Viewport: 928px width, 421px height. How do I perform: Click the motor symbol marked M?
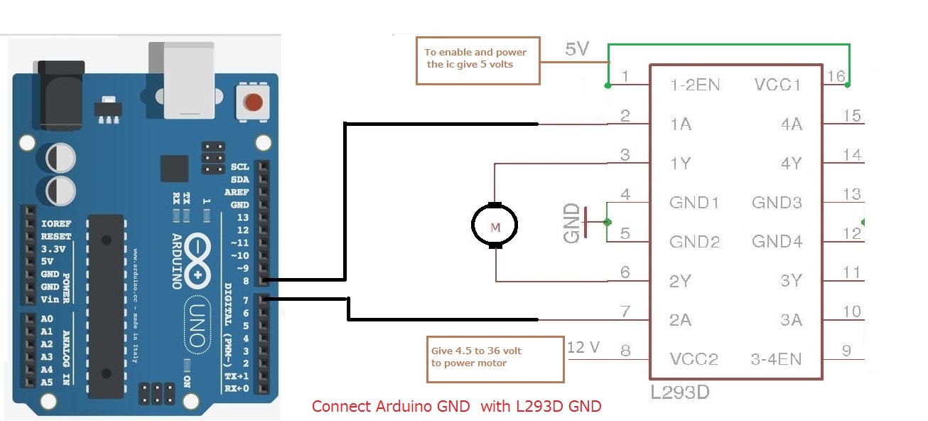point(495,226)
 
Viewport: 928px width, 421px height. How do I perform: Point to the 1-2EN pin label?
point(694,85)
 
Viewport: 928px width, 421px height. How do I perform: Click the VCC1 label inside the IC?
point(777,85)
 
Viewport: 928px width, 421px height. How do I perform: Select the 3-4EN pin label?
point(777,359)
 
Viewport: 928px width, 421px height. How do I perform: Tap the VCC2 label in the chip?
point(694,359)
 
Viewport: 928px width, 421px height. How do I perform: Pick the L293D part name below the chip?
point(679,392)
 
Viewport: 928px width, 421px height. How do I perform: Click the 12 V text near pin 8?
point(583,347)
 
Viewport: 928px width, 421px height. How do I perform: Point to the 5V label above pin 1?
point(576,49)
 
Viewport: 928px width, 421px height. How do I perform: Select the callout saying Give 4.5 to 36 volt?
point(495,358)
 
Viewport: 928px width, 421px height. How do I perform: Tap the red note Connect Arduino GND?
point(456,407)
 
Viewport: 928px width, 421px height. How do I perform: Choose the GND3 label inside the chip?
point(777,203)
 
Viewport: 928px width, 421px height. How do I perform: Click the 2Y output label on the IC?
point(680,281)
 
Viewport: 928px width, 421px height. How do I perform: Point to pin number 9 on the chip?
point(846,350)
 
